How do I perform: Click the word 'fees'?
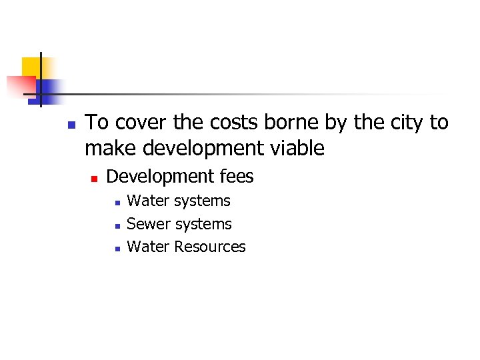click(x=237, y=177)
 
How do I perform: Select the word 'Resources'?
click(x=210, y=247)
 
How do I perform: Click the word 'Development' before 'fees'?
click(x=160, y=177)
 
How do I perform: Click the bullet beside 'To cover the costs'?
click(x=71, y=125)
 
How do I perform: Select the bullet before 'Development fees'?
click(x=94, y=179)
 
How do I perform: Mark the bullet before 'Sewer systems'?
click(x=116, y=226)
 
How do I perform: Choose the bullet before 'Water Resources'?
click(x=116, y=249)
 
